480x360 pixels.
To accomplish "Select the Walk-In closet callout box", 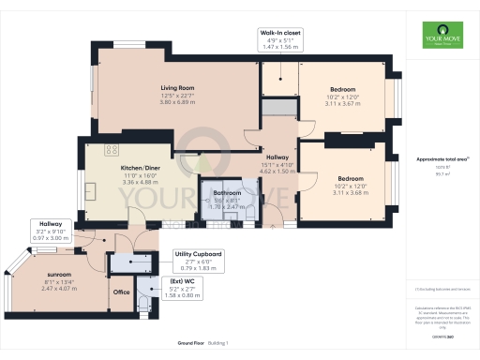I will point(280,37).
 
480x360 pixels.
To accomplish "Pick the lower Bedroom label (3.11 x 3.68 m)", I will point(351,178).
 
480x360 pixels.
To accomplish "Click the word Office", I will point(121,292).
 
